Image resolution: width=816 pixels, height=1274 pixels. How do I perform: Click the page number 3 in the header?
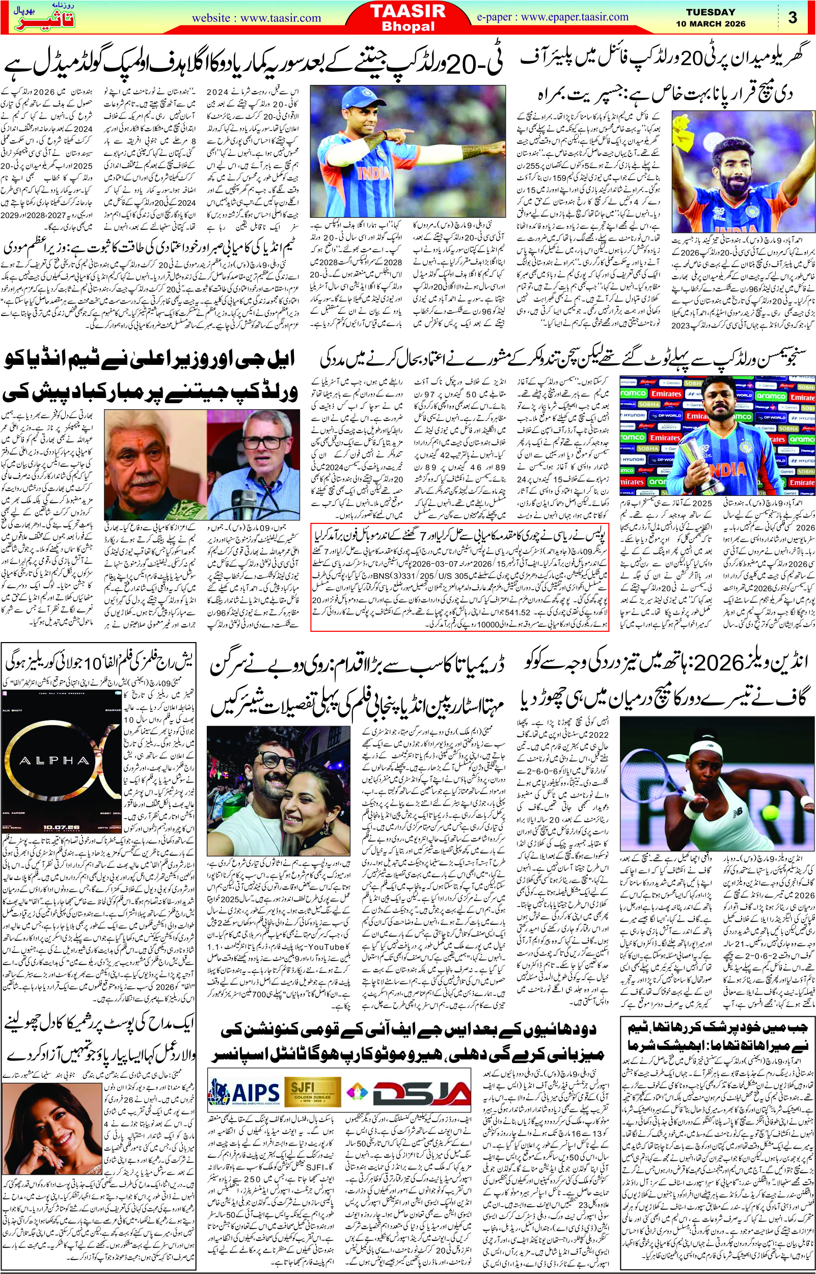793,17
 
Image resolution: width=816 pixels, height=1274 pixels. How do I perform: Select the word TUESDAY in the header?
710,12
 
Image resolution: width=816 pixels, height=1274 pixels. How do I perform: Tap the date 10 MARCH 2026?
710,24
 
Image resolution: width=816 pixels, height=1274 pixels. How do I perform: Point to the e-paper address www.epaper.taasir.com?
575,17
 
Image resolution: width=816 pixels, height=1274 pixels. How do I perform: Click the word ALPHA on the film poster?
47,761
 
